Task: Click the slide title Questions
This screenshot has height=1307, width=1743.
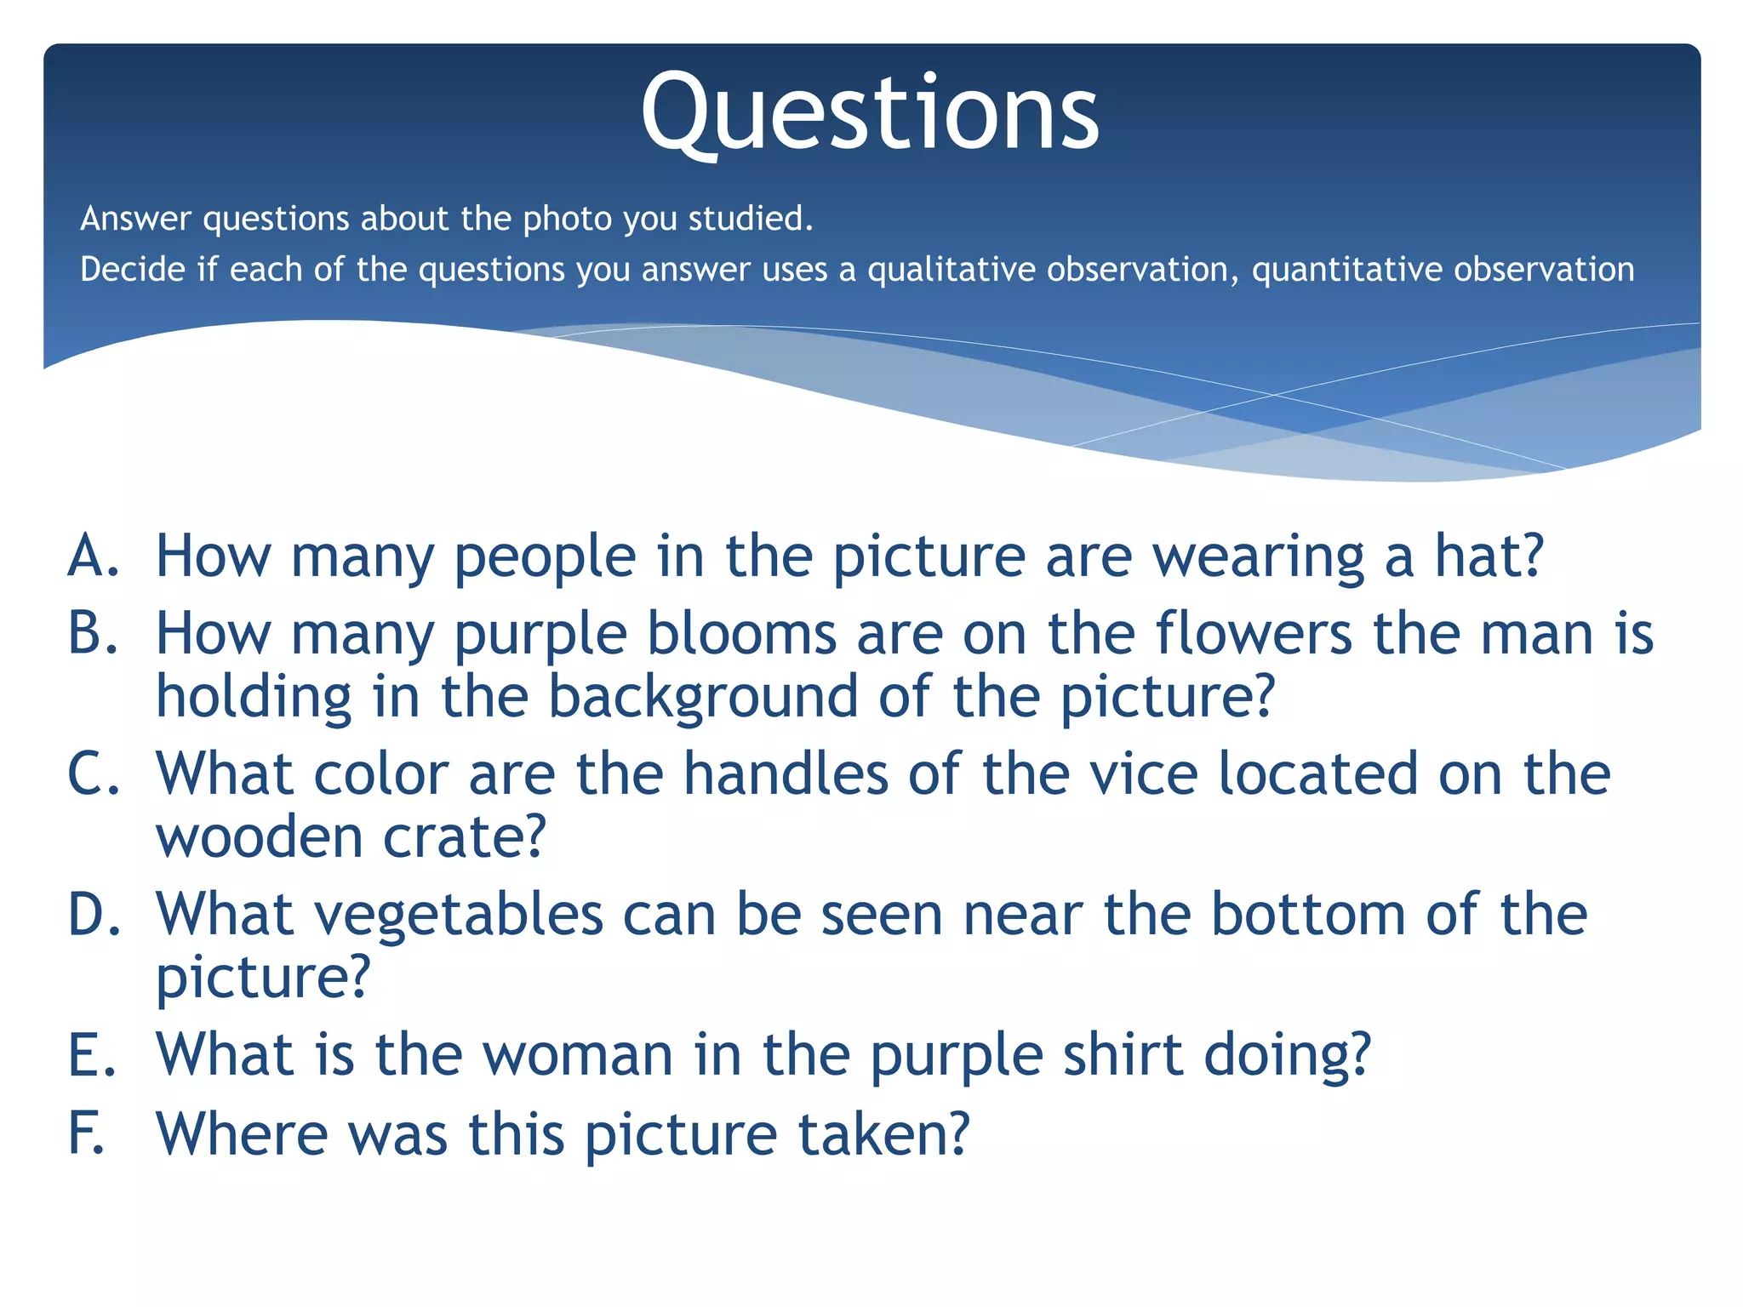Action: coord(870,115)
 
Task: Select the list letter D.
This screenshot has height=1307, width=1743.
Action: coord(94,914)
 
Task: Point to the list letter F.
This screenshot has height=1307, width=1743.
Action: coord(86,1133)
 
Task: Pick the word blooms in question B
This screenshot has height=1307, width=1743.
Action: coord(741,634)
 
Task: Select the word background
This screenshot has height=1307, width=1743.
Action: coord(702,697)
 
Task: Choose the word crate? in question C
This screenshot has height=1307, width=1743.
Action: coord(464,837)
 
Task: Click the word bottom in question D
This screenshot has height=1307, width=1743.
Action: coord(1307,914)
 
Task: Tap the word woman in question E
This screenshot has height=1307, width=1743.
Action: coord(579,1055)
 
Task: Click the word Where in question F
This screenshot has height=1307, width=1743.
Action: coord(242,1133)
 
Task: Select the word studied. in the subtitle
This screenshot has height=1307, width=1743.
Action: coord(750,219)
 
